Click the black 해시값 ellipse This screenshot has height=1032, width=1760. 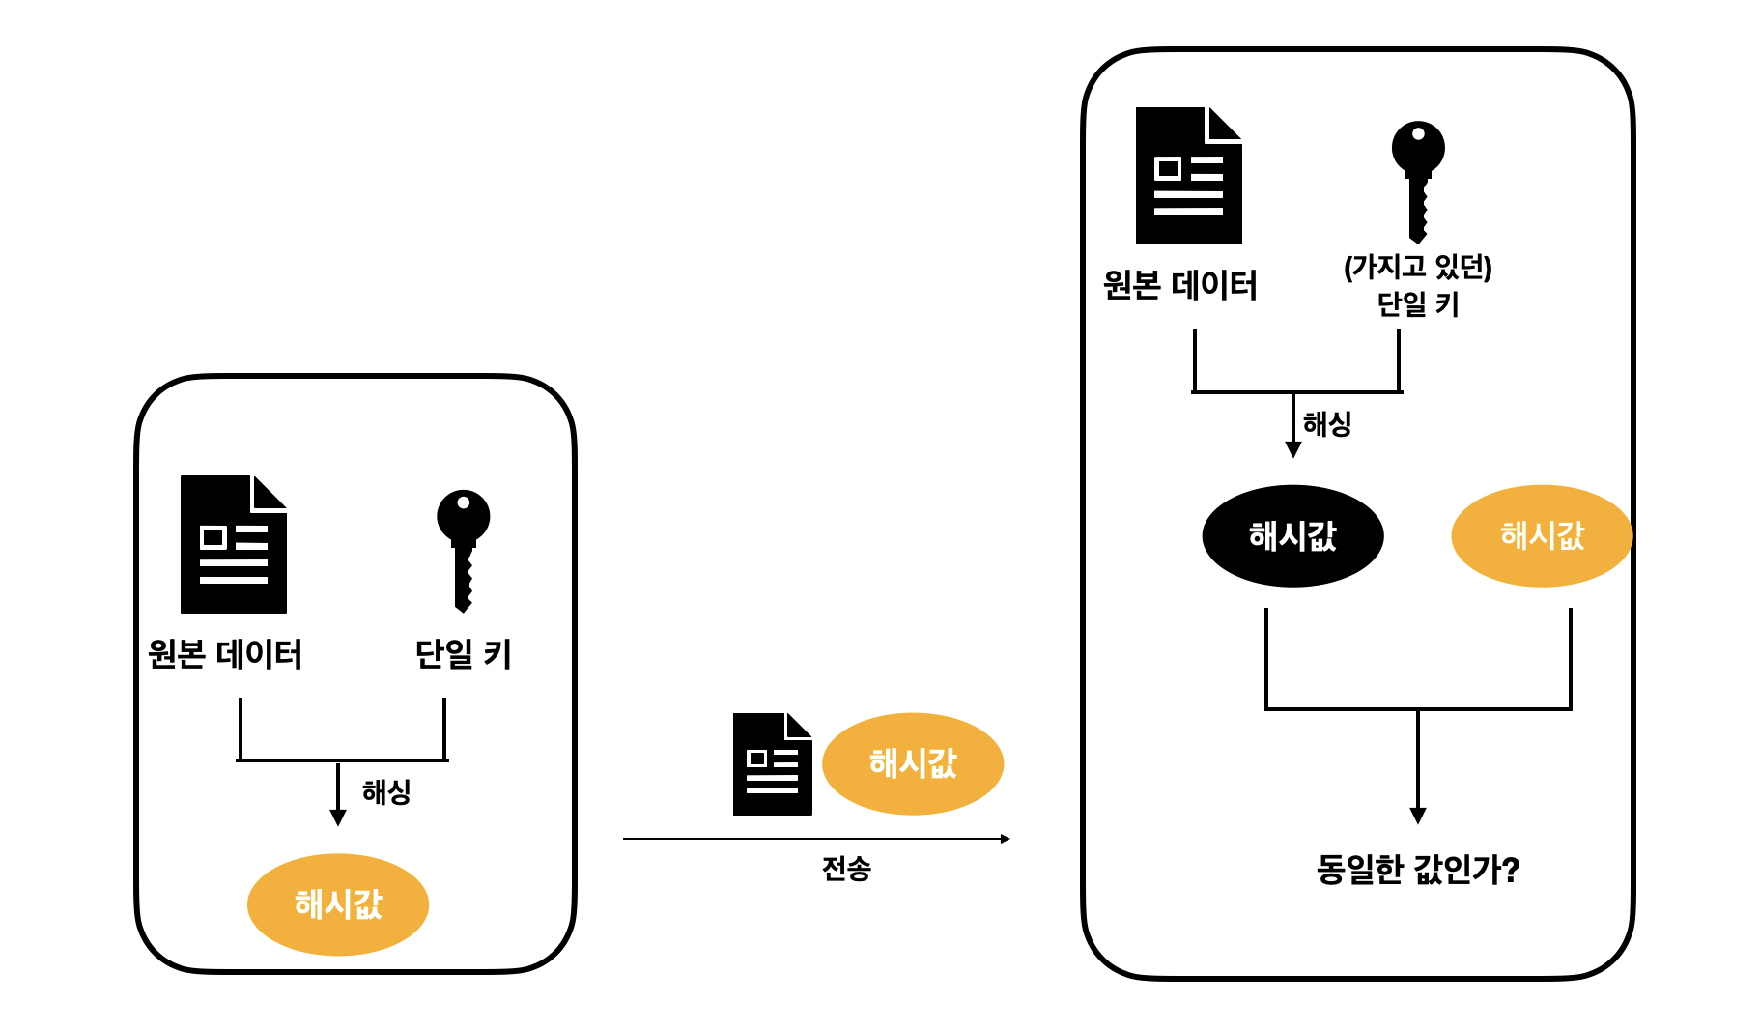click(1292, 536)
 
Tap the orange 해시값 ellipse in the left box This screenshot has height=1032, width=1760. click(338, 904)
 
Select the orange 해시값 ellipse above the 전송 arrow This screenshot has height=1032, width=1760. click(913, 763)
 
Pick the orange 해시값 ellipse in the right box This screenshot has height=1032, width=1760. click(1542, 536)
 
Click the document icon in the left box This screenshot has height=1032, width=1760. click(233, 544)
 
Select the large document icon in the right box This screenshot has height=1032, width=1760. click(1188, 176)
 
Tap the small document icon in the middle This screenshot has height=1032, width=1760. click(772, 764)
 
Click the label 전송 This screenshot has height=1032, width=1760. click(846, 869)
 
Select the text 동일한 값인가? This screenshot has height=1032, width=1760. click(1417, 870)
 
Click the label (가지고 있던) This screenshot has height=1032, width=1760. click(1417, 267)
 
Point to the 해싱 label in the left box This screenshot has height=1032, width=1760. click(386, 792)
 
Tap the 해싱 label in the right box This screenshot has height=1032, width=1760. click(1327, 423)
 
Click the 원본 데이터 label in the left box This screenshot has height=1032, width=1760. click(225, 654)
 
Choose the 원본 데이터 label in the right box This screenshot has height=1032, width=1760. click(1180, 285)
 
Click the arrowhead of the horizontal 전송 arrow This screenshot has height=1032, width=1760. click(1005, 839)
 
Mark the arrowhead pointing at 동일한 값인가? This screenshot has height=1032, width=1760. click(1417, 816)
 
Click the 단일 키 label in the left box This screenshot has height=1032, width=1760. click(463, 654)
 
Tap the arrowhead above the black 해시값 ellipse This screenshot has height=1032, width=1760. click(1292, 449)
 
